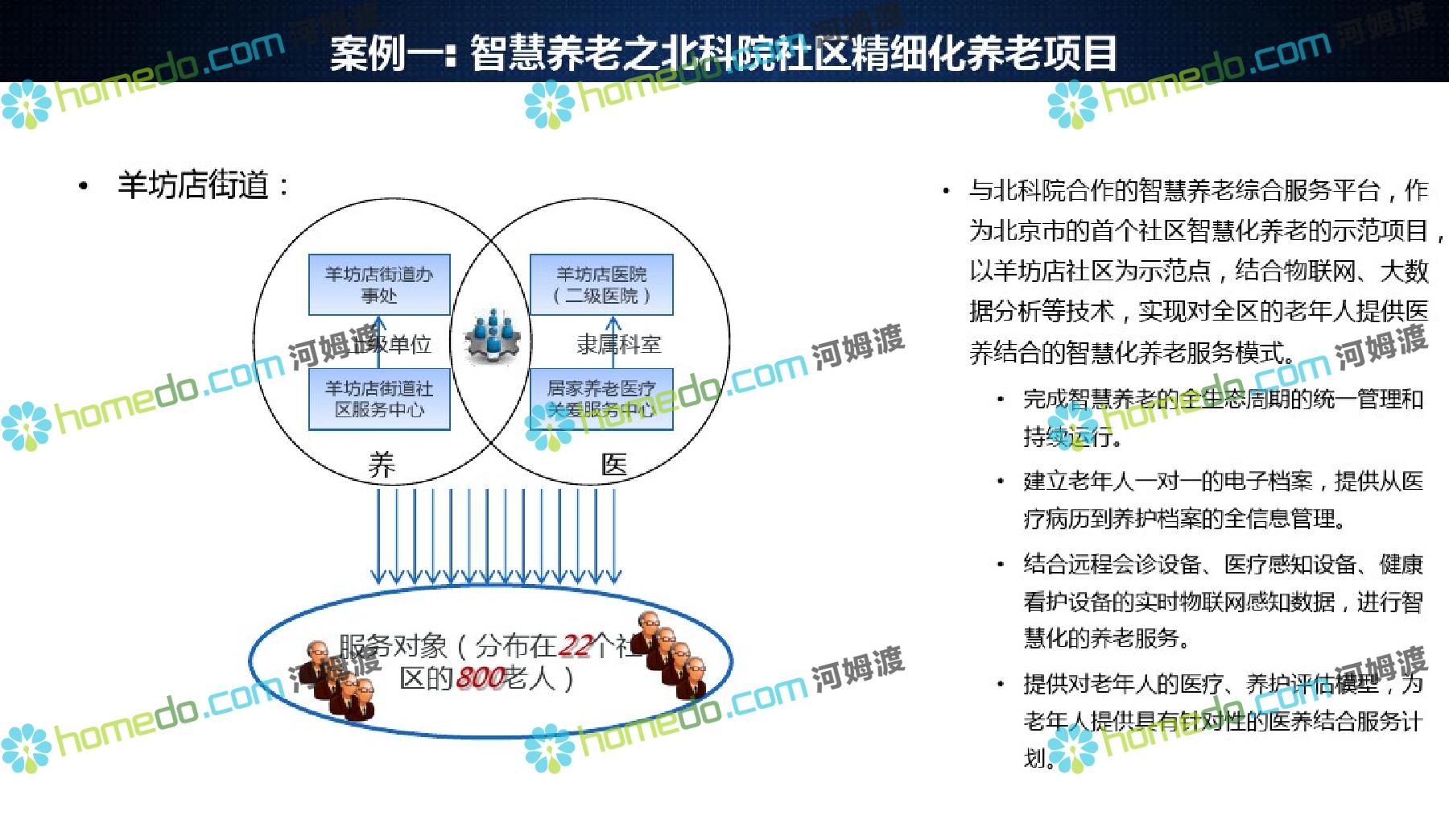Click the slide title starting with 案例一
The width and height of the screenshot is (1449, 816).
pyautogui.click(x=723, y=53)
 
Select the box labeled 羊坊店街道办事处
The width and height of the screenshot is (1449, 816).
pyautogui.click(x=379, y=285)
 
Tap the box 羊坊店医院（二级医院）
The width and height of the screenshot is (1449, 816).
pyautogui.click(x=601, y=285)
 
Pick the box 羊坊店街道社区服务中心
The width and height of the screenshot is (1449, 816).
pyautogui.click(x=379, y=400)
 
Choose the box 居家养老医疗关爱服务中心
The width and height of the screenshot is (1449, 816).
pyautogui.click(x=601, y=400)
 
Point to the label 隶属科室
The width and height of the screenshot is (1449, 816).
pyautogui.click(x=618, y=345)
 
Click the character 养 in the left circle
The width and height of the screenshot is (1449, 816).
pyautogui.click(x=382, y=465)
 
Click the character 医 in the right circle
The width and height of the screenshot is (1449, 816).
pyautogui.click(x=614, y=464)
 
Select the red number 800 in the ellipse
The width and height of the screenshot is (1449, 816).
pyautogui.click(x=480, y=678)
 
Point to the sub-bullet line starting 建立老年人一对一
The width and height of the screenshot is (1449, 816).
pyautogui.click(x=1223, y=481)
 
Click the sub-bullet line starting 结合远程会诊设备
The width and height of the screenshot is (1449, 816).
pyautogui.click(x=1223, y=564)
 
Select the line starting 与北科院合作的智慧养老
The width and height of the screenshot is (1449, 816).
pyautogui.click(x=1198, y=191)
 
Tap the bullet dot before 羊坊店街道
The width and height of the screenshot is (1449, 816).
pyautogui.click(x=84, y=187)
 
